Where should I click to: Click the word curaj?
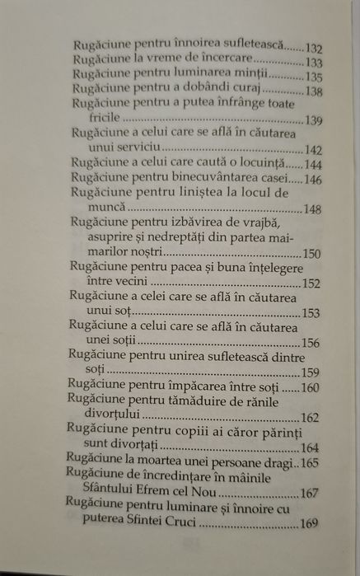[240, 91]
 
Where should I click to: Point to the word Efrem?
[157, 495]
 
